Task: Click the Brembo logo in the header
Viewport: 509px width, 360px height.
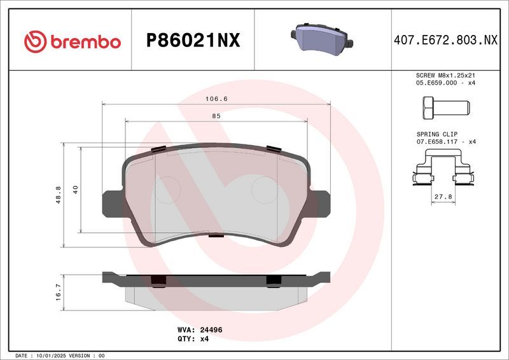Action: tap(72, 41)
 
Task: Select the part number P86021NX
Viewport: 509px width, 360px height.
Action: tap(193, 41)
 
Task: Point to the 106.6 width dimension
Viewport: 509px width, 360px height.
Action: tap(217, 99)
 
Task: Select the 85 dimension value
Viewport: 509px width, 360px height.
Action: tap(216, 116)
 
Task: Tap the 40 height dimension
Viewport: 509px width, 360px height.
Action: tap(76, 190)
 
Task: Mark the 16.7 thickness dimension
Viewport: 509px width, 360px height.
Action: tap(59, 291)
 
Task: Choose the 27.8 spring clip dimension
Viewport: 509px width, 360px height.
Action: tap(443, 197)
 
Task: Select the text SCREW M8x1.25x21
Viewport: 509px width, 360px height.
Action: tap(445, 75)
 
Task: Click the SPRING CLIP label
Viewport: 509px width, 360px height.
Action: tap(436, 134)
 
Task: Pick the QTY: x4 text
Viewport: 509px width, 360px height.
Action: tap(193, 339)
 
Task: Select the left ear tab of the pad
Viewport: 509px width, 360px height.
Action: tap(112, 203)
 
